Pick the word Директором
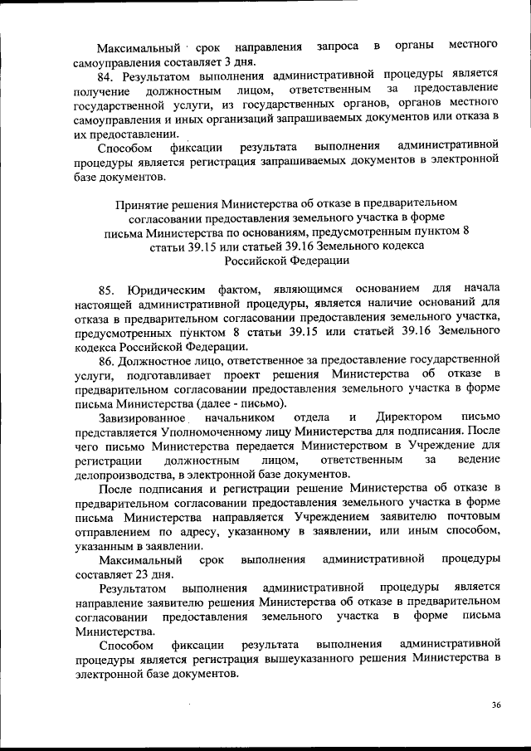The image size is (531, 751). coord(407,417)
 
